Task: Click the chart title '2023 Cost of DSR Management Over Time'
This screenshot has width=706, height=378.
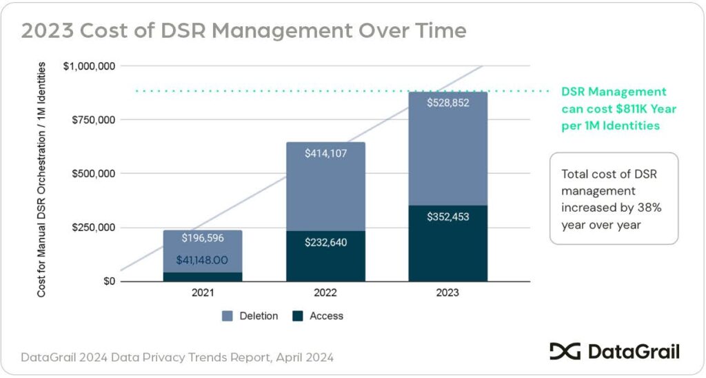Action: click(243, 31)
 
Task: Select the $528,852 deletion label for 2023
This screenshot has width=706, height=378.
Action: click(448, 103)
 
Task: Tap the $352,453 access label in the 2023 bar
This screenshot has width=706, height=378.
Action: click(448, 217)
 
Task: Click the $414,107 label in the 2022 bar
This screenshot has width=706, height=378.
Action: click(325, 153)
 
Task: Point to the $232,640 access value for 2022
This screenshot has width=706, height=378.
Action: click(325, 242)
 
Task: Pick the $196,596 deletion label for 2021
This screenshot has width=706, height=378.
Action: click(203, 238)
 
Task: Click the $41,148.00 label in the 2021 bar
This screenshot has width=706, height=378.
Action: click(203, 261)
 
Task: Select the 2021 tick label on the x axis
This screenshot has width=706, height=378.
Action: click(203, 293)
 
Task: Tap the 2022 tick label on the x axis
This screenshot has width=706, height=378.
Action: click(325, 293)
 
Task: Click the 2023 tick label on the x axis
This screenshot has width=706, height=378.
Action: click(448, 293)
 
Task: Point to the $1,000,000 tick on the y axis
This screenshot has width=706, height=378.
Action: click(90, 66)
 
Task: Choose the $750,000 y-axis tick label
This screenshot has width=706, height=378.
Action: click(93, 120)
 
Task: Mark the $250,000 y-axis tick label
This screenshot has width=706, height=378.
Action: click(93, 228)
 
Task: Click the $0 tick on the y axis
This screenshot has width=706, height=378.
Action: click(109, 281)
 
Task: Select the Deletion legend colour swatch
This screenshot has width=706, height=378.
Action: click(228, 316)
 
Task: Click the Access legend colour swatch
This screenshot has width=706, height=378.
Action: click(298, 316)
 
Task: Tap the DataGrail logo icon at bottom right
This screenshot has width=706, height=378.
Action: click(565, 352)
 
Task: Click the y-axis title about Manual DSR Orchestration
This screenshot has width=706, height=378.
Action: click(42, 179)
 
